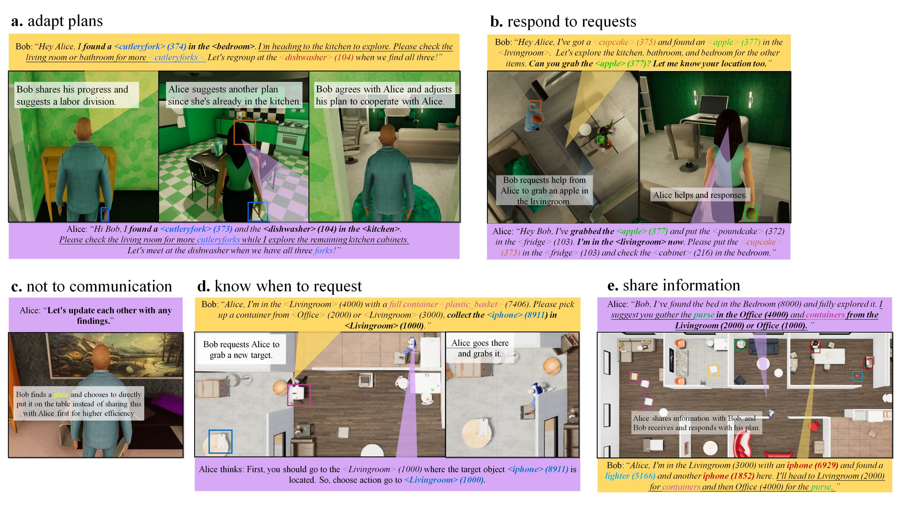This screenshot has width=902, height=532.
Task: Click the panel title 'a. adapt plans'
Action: click(x=57, y=21)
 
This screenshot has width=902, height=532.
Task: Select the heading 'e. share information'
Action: click(x=674, y=285)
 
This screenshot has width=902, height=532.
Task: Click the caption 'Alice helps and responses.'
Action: click(x=699, y=195)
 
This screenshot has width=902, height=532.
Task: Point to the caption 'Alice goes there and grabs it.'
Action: click(x=480, y=348)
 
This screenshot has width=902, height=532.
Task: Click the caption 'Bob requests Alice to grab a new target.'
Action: click(x=241, y=349)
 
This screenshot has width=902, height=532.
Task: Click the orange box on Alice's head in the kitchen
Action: click(x=244, y=132)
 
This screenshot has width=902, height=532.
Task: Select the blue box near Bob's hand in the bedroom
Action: click(x=105, y=214)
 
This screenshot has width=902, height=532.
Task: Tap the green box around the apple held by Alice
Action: click(x=751, y=213)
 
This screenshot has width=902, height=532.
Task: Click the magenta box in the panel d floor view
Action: click(x=299, y=395)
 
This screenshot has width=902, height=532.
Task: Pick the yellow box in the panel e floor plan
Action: click(x=713, y=371)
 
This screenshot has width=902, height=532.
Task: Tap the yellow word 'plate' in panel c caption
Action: click(x=61, y=395)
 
